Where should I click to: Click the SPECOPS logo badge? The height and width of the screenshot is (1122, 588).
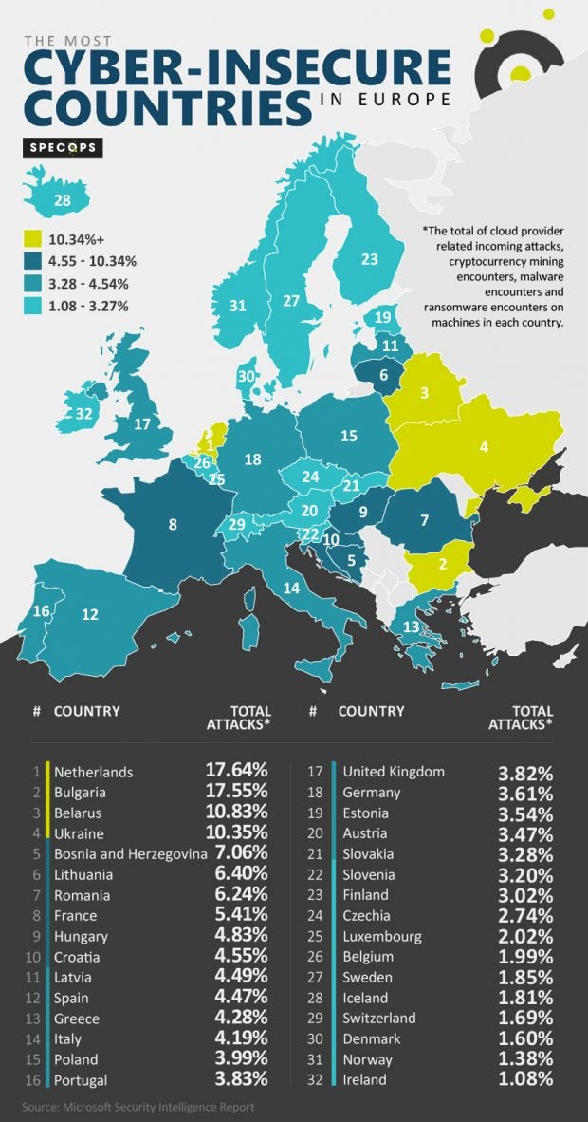63,147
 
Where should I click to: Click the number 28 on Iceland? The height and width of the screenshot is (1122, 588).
63,200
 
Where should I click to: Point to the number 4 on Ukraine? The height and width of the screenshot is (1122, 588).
484,445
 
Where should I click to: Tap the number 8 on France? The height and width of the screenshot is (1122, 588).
172,523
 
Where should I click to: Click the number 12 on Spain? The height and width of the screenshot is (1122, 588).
90,614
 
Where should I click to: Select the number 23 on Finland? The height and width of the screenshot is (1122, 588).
369,259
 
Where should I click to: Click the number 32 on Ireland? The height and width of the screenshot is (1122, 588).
84,413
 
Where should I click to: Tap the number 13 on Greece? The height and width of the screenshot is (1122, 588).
411,626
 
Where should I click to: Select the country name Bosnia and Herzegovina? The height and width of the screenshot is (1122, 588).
130,854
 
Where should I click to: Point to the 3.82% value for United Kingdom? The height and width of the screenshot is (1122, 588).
525,772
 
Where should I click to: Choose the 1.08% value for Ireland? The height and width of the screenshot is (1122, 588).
525,1080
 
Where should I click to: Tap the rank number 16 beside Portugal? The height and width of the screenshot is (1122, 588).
36,1080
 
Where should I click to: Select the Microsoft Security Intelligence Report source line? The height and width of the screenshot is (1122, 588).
139,1107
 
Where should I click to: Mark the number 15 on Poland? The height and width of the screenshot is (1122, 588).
349,436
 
